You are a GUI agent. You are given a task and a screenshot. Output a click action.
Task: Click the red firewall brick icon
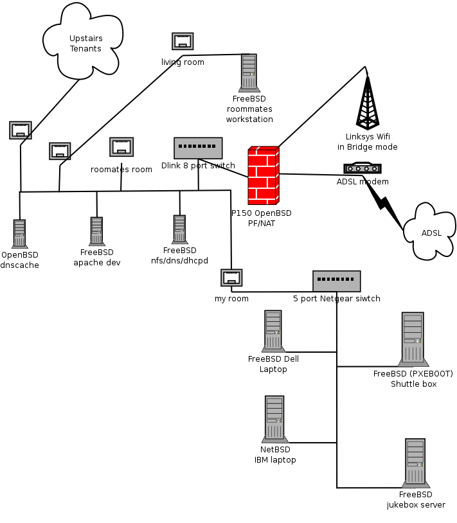[264, 175]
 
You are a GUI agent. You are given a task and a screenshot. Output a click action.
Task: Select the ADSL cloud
[430, 232]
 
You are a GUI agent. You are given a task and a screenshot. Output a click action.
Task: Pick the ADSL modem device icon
[363, 168]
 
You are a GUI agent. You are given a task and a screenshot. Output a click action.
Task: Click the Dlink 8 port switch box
[198, 148]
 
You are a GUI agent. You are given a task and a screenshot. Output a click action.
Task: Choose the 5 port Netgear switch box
[337, 281]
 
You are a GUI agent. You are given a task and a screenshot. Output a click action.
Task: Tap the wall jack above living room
[183, 41]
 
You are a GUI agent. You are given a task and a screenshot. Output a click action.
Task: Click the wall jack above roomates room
[121, 147]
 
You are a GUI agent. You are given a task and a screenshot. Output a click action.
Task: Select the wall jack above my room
[231, 278]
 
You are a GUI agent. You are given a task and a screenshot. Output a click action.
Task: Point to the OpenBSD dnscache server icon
[20, 235]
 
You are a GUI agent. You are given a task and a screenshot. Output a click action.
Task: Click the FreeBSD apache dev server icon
[96, 231]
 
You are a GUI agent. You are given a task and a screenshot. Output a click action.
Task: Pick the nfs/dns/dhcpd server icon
[180, 229]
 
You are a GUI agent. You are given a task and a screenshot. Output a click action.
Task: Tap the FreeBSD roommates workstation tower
[249, 73]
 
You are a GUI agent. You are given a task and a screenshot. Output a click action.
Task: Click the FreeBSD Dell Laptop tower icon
[274, 331]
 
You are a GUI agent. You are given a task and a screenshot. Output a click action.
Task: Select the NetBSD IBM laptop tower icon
[274, 419]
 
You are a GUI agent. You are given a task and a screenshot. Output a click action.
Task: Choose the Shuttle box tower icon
[413, 339]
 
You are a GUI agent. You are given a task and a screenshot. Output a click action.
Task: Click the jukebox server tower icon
[415, 463]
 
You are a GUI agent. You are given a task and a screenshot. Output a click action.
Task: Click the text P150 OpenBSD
[261, 213]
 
